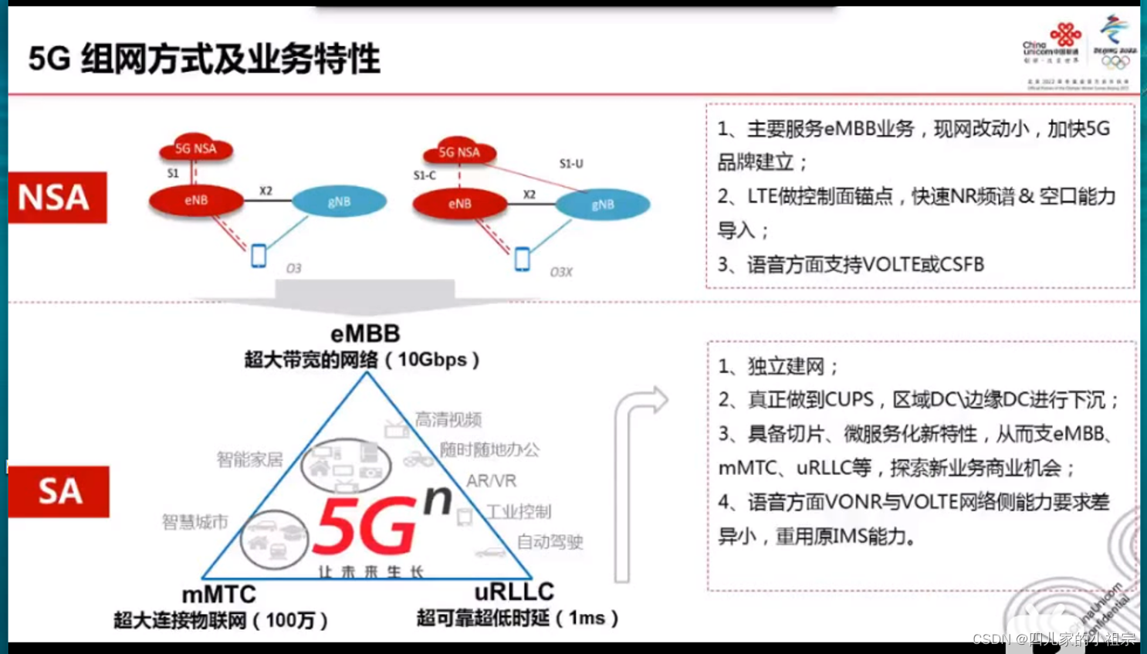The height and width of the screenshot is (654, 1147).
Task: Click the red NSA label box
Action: (57, 198)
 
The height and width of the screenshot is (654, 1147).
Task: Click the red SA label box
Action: (59, 491)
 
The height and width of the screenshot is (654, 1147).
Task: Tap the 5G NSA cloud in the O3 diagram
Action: (196, 147)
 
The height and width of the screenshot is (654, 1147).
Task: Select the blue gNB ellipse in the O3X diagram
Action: (603, 205)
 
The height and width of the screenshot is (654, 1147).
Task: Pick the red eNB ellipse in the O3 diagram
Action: (196, 200)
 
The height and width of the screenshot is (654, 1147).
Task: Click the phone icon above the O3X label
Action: (523, 259)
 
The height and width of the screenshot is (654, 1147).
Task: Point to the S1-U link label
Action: (571, 164)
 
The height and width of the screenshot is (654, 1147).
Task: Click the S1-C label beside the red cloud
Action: (425, 175)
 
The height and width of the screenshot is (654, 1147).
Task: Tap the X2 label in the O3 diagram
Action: (266, 191)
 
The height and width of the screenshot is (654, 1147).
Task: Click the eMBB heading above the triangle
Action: (365, 334)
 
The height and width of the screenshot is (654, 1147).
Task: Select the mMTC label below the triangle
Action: (218, 594)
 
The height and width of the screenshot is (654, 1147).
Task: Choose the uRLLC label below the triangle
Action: (514, 591)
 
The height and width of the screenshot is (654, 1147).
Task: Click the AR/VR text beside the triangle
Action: (491, 481)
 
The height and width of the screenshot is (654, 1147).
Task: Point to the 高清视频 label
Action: (448, 419)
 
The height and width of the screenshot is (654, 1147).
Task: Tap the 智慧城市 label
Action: (195, 522)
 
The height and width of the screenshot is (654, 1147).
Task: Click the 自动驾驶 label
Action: (550, 542)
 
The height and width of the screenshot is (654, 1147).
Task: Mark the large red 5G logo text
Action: (365, 526)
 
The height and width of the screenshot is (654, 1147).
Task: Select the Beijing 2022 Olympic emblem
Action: (1115, 42)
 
